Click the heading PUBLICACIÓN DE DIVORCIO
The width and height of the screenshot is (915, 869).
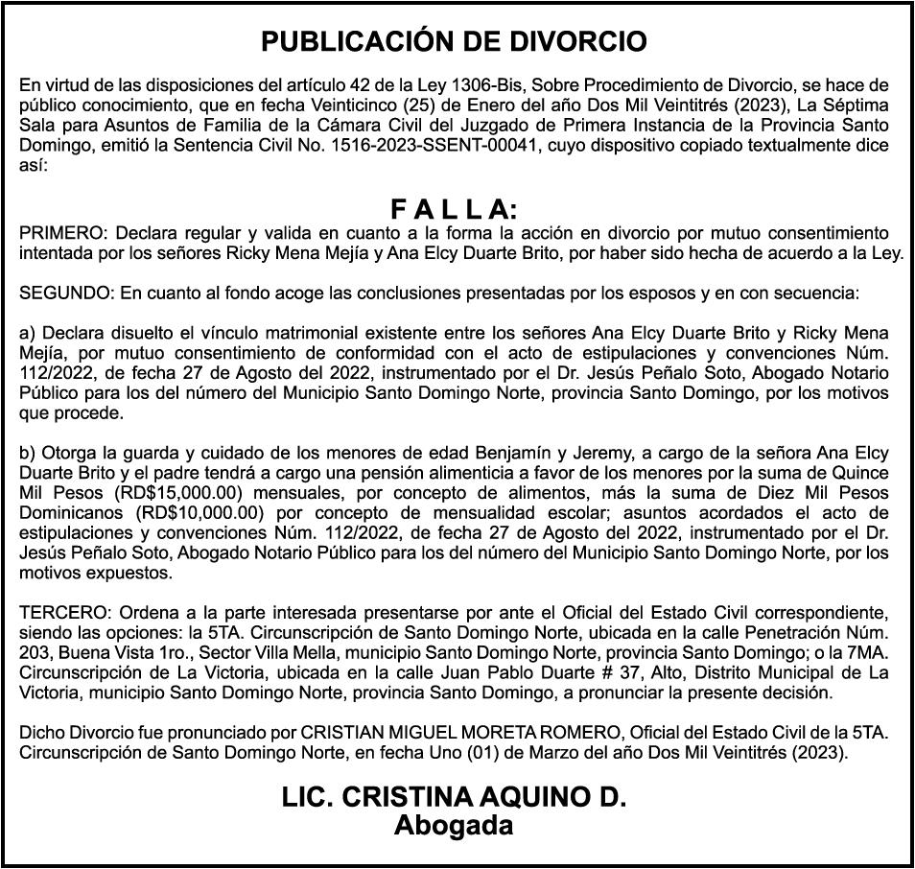click(455, 42)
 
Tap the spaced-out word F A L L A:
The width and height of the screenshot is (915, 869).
click(455, 210)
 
